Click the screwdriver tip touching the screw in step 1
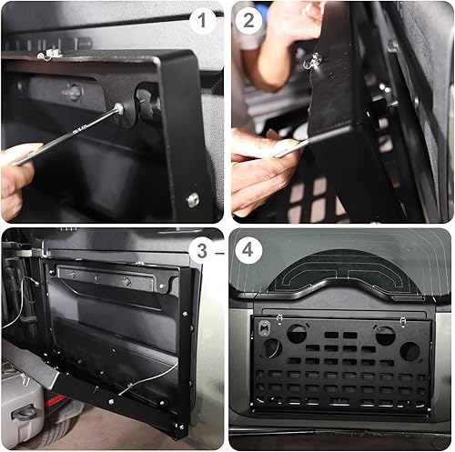(x=119, y=108)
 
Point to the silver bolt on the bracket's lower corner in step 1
(x=193, y=199)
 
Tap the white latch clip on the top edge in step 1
(x=51, y=54)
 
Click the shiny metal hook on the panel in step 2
(x=314, y=59)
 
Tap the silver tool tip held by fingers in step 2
(x=293, y=147)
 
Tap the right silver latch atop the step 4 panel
(x=399, y=318)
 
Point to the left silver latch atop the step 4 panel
(x=280, y=318)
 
